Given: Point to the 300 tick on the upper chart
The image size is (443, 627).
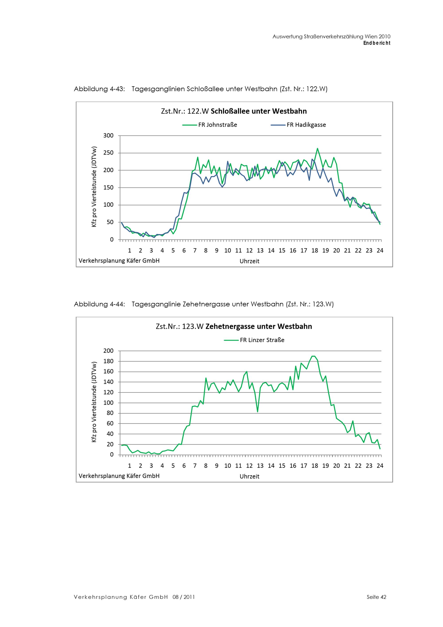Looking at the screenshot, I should (x=108, y=135).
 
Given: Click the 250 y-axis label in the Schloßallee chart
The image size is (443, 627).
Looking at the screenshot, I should (x=108, y=153).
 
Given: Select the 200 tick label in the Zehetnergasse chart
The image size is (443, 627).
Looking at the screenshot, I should (x=108, y=351).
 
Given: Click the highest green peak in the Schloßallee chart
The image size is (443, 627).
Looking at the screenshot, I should (x=317, y=149).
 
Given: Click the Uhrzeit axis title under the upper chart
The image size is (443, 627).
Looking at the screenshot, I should (x=249, y=261).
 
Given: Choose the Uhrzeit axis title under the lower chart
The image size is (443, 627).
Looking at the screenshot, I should (x=249, y=476).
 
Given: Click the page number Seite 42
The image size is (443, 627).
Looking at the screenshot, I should (x=376, y=597).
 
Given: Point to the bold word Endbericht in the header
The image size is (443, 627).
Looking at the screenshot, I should (x=377, y=43).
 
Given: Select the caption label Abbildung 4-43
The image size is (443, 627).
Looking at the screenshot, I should (x=99, y=89).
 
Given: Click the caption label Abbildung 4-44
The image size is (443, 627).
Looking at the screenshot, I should (x=99, y=304).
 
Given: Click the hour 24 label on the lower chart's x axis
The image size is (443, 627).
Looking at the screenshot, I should (x=380, y=466).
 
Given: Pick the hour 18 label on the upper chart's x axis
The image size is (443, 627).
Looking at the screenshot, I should (x=315, y=250).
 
